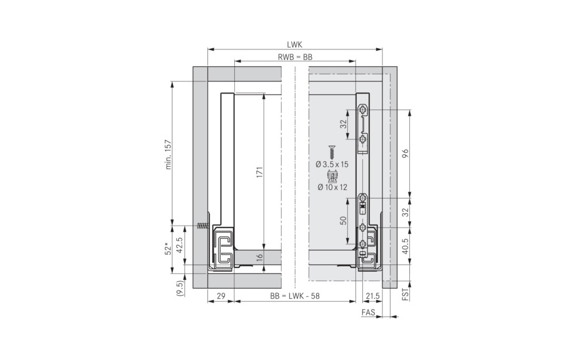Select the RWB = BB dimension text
coord(295,57)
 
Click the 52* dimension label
coord(167,248)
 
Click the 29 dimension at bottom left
coord(221,296)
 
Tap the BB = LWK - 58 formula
coord(295,296)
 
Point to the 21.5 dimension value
coord(374,296)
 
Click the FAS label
coord(369,312)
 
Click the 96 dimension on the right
coord(405,154)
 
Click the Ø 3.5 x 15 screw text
coord(332,164)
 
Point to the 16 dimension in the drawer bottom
coord(259,257)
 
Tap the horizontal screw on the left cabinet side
coord(202,226)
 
